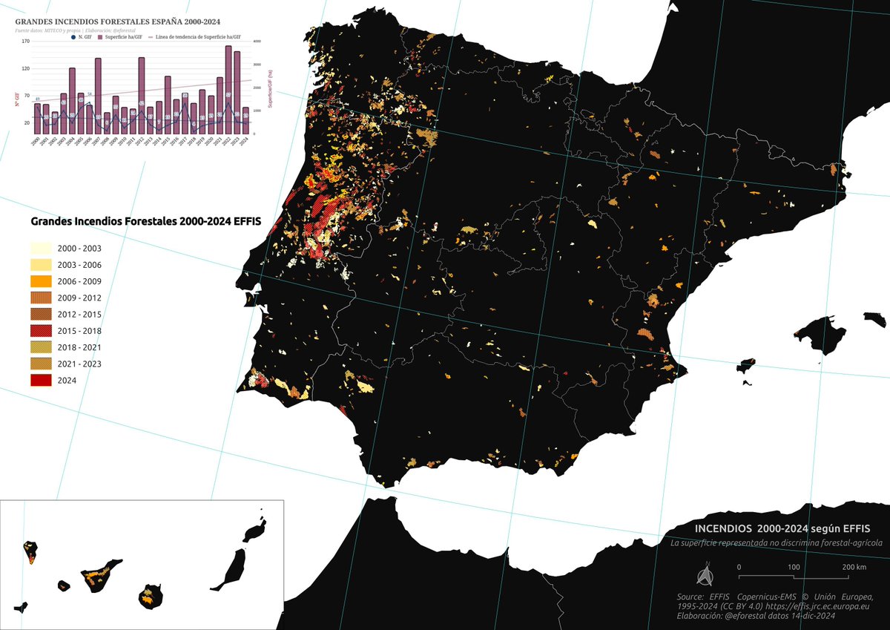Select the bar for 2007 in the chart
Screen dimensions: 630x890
(98, 96)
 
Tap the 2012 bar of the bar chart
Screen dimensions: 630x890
(141, 95)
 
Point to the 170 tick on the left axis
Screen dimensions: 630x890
(26, 42)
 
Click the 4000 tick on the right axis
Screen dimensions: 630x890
(257, 42)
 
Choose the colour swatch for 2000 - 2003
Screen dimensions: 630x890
(41, 248)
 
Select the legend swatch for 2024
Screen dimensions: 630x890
(41, 381)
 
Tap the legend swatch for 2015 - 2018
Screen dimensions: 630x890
(41, 331)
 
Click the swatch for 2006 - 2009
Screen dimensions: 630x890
(41, 281)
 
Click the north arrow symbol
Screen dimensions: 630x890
(705, 575)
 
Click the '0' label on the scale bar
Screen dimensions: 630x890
(739, 568)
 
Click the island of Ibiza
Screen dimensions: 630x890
(745, 367)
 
